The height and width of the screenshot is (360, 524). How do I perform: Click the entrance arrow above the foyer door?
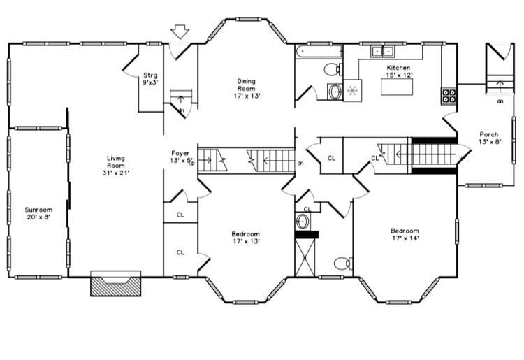[180, 31]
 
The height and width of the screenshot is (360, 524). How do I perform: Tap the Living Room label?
[116, 166]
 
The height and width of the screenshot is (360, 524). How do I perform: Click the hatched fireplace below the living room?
[115, 283]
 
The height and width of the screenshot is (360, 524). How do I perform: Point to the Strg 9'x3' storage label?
[150, 79]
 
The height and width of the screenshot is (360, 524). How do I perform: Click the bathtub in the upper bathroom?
[319, 52]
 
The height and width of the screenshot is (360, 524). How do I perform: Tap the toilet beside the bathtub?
[333, 69]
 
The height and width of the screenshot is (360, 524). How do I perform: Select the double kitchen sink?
[382, 52]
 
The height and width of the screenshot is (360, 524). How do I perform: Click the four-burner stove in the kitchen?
[449, 96]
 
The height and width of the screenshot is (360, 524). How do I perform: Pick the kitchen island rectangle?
[397, 87]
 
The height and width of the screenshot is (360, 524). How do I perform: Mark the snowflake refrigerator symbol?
[353, 90]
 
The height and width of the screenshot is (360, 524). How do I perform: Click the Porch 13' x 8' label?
[489, 138]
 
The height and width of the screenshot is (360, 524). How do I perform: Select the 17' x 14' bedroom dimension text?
[405, 238]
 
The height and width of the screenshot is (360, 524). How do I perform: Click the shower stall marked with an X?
[305, 257]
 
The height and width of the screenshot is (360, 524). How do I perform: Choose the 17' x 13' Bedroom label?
[246, 238]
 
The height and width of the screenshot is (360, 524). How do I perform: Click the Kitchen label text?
[399, 68]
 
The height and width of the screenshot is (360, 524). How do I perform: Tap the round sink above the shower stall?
[303, 222]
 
